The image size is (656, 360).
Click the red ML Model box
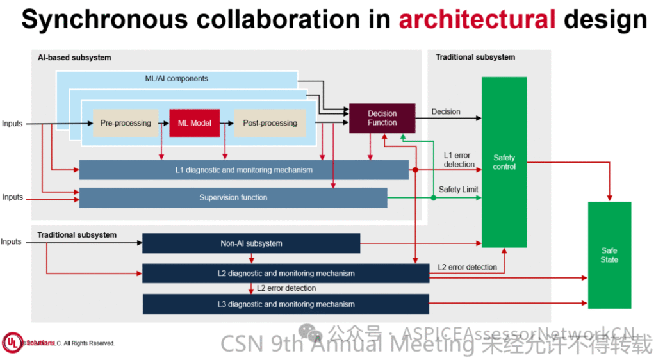(194, 123)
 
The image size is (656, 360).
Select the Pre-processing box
(126, 123)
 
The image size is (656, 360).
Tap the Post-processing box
(270, 123)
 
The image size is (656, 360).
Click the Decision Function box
(382, 118)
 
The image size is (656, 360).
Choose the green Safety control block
(504, 162)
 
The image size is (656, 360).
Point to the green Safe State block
(609, 255)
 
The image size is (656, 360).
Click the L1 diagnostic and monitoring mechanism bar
(243, 170)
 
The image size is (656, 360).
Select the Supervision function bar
(233, 198)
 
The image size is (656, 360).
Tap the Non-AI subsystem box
(251, 243)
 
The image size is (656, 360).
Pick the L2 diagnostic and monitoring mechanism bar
(286, 274)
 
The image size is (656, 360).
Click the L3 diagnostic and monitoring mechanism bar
(286, 304)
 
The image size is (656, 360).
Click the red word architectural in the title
(477, 20)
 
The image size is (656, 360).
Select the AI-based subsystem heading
(74, 58)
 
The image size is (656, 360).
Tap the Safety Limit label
(458, 190)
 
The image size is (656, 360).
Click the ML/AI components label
(176, 79)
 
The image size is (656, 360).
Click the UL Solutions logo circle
(12, 343)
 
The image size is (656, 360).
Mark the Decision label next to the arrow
(445, 111)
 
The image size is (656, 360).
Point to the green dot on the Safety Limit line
(434, 198)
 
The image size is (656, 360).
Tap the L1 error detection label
(459, 160)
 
